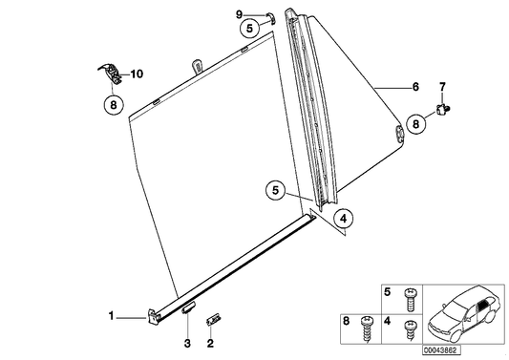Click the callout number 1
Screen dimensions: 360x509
[112, 314]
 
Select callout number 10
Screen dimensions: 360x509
[137, 73]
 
